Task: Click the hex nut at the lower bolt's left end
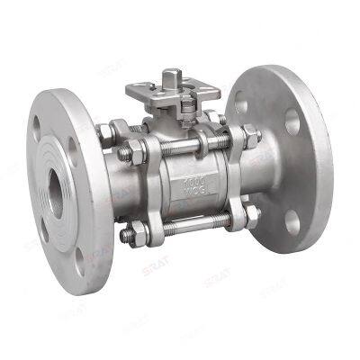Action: point(126,238)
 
